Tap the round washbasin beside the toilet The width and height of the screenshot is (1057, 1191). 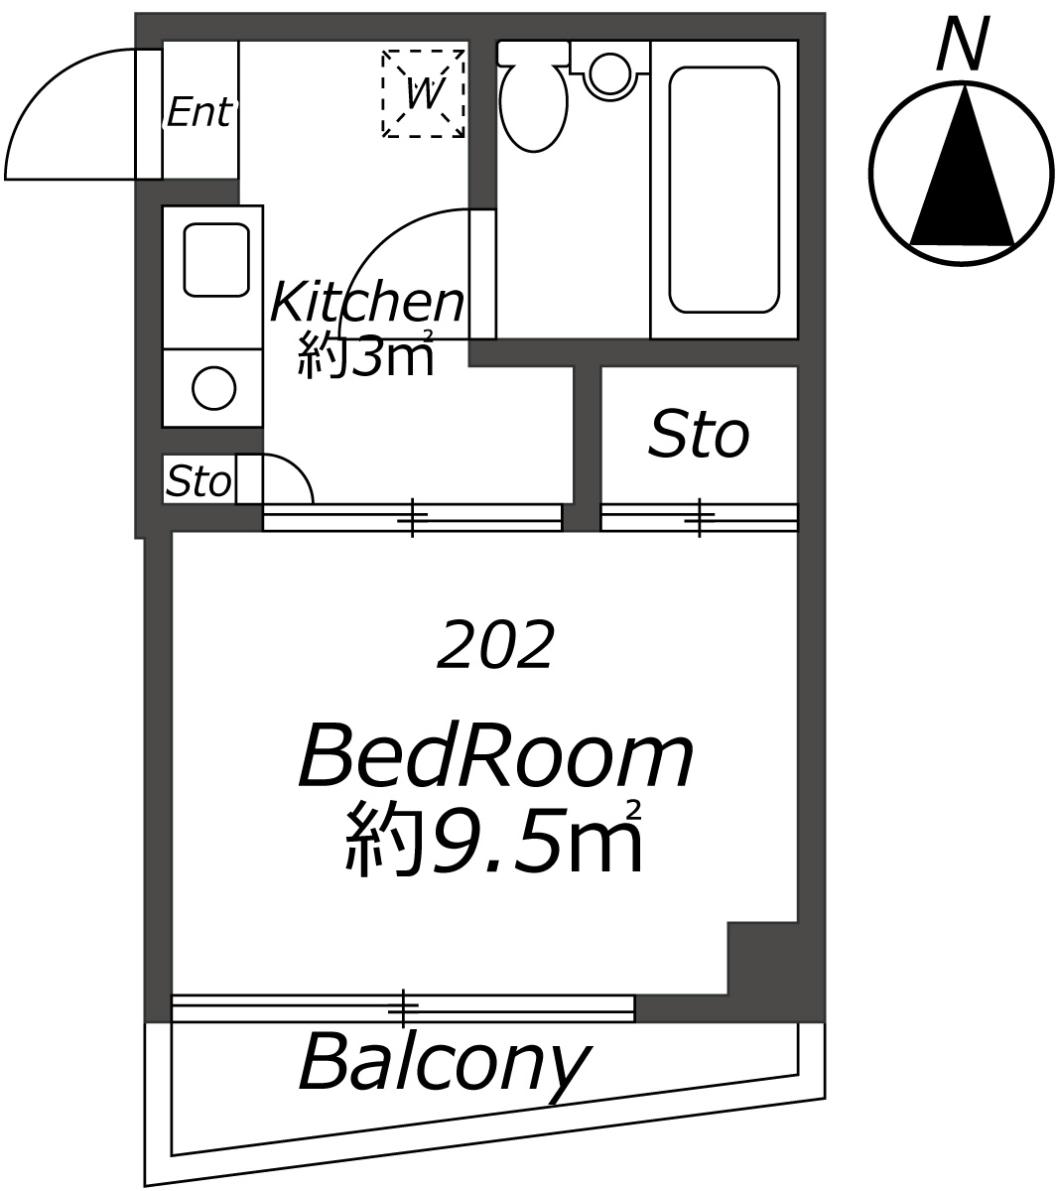pyautogui.click(x=610, y=74)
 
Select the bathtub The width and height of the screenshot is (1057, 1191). pyautogui.click(x=724, y=190)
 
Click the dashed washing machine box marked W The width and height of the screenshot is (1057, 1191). pyautogui.click(x=423, y=94)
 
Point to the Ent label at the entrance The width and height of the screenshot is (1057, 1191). pyautogui.click(x=198, y=112)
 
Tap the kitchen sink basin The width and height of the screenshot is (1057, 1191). pyautogui.click(x=215, y=260)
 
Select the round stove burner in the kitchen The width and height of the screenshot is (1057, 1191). pyautogui.click(x=214, y=388)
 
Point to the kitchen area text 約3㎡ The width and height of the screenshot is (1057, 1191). pyautogui.click(x=365, y=354)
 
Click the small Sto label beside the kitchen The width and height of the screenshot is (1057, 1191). pyautogui.click(x=198, y=481)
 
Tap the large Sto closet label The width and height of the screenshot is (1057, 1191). pyautogui.click(x=699, y=435)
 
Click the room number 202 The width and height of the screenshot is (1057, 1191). pyautogui.click(x=495, y=645)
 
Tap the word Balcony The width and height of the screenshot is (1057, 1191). pyautogui.click(x=444, y=1068)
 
